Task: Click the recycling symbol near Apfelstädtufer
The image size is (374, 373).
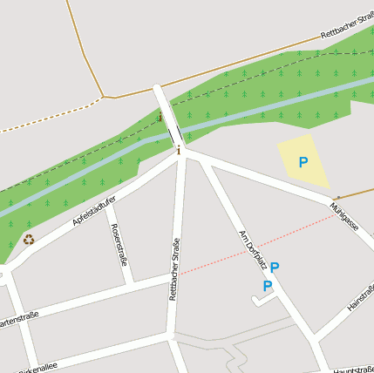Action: click(29, 240)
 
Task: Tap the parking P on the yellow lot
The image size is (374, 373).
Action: click(303, 162)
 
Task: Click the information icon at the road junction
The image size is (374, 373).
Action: click(179, 151)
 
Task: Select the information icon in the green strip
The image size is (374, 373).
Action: click(160, 117)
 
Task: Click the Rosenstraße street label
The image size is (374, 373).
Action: click(120, 244)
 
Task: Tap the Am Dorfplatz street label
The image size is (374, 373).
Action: click(251, 251)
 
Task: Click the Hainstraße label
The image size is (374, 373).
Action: click(360, 298)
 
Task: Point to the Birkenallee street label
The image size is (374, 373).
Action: click(37, 367)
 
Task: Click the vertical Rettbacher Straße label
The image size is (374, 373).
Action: click(173, 270)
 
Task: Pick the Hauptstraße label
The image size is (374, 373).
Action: click(352, 370)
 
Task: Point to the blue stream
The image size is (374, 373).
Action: click(87, 175)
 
